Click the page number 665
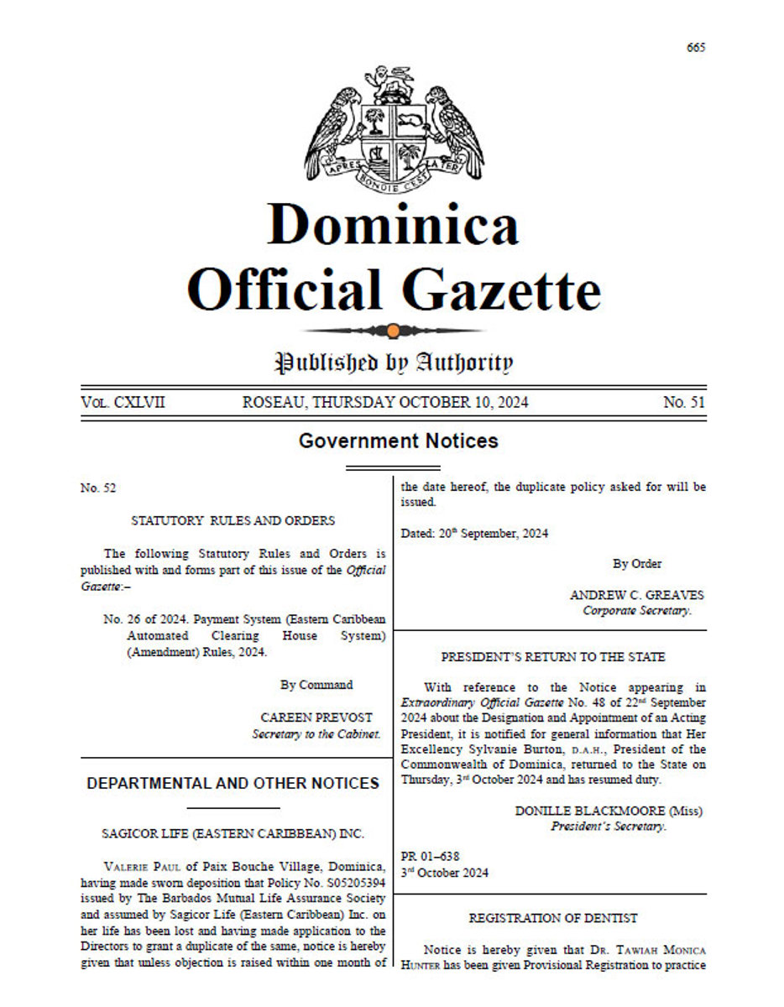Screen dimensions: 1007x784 click(x=695, y=47)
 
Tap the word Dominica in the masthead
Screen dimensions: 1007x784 click(x=393, y=225)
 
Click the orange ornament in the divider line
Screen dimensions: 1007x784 click(x=393, y=331)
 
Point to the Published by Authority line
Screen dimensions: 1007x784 click(x=393, y=363)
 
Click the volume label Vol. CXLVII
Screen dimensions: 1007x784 click(x=123, y=403)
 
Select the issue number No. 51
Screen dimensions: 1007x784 click(x=684, y=403)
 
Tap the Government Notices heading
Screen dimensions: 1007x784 click(x=398, y=441)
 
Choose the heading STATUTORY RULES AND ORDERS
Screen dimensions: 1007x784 click(x=233, y=521)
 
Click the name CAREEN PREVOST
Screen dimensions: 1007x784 click(x=316, y=718)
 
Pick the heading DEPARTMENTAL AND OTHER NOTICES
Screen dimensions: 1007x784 click(x=233, y=784)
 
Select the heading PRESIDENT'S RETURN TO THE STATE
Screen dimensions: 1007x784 click(x=553, y=657)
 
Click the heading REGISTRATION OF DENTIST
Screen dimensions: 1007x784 click(x=553, y=919)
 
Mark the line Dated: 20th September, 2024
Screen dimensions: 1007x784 click(x=474, y=534)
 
